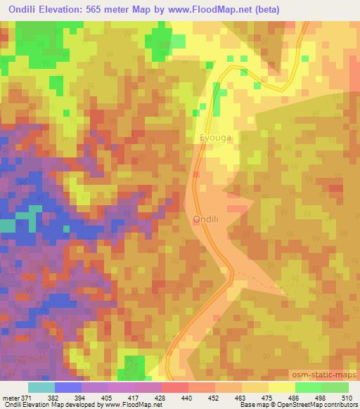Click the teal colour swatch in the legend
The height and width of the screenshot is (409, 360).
[x=41, y=387]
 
